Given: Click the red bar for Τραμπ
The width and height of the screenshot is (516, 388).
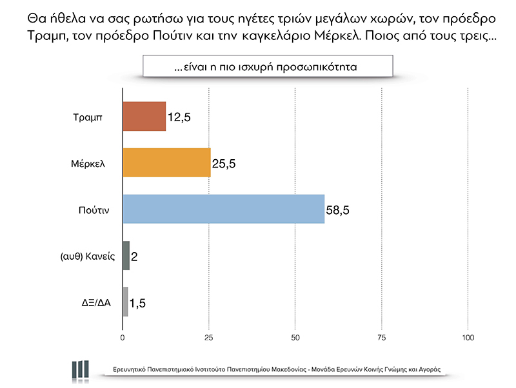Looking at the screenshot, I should pyautogui.click(x=144, y=117).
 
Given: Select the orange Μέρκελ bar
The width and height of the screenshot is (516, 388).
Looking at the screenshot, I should pyautogui.click(x=166, y=162).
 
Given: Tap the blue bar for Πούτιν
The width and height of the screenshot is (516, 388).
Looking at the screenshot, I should pyautogui.click(x=223, y=209).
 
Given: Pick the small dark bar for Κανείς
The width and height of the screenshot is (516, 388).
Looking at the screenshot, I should pyautogui.click(x=126, y=256).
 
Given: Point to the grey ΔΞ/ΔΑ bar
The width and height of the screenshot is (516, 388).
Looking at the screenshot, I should pyautogui.click(x=125, y=302).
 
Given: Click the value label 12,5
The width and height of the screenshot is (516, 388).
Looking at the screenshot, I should pyautogui.click(x=180, y=117).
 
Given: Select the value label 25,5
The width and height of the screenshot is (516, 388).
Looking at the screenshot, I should pyautogui.click(x=224, y=164).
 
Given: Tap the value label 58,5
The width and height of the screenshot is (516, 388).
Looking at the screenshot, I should pyautogui.click(x=339, y=210).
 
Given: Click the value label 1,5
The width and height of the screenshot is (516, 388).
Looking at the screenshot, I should pyautogui.click(x=138, y=303).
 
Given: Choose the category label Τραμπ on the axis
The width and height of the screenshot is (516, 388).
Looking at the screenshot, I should pyautogui.click(x=89, y=117).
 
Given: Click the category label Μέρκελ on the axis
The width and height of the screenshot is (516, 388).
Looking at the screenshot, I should pyautogui.click(x=88, y=164).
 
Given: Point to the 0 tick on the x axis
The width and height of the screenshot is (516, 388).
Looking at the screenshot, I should pyautogui.click(x=123, y=338).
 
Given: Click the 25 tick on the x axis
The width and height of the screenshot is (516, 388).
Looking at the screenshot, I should pyautogui.click(x=209, y=338).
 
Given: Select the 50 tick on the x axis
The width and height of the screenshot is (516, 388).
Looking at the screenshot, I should pyautogui.click(x=295, y=338).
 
